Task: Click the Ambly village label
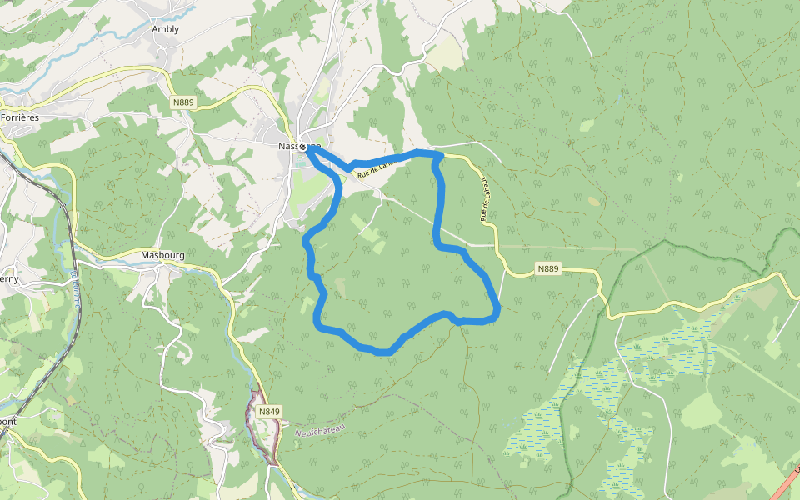coord(165,29)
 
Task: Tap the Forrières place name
coord(20,117)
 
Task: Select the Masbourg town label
coord(162,255)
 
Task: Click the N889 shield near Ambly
coord(183,102)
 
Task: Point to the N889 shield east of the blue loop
coord(548,268)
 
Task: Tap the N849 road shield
coord(269,412)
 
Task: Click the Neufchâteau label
coord(320,430)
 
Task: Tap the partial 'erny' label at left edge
coord(8,279)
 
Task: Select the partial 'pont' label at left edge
coord(7,421)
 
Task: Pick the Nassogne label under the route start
coord(288,146)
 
